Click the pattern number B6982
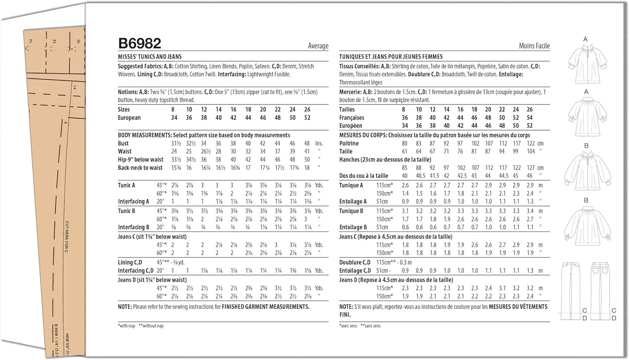[140, 43]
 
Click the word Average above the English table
[318, 46]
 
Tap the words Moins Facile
[534, 46]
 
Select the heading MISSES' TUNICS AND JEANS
[150, 57]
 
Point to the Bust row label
[123, 143]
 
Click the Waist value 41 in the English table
[307, 151]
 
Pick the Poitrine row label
[349, 143]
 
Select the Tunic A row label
[126, 185]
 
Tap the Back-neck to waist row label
[140, 168]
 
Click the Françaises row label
[351, 117]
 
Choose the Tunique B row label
[351, 211]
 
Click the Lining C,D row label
[130, 262]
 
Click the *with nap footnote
[127, 326]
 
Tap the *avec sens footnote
[348, 326]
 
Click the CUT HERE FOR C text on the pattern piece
[67, 237]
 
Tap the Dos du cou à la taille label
[364, 176]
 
